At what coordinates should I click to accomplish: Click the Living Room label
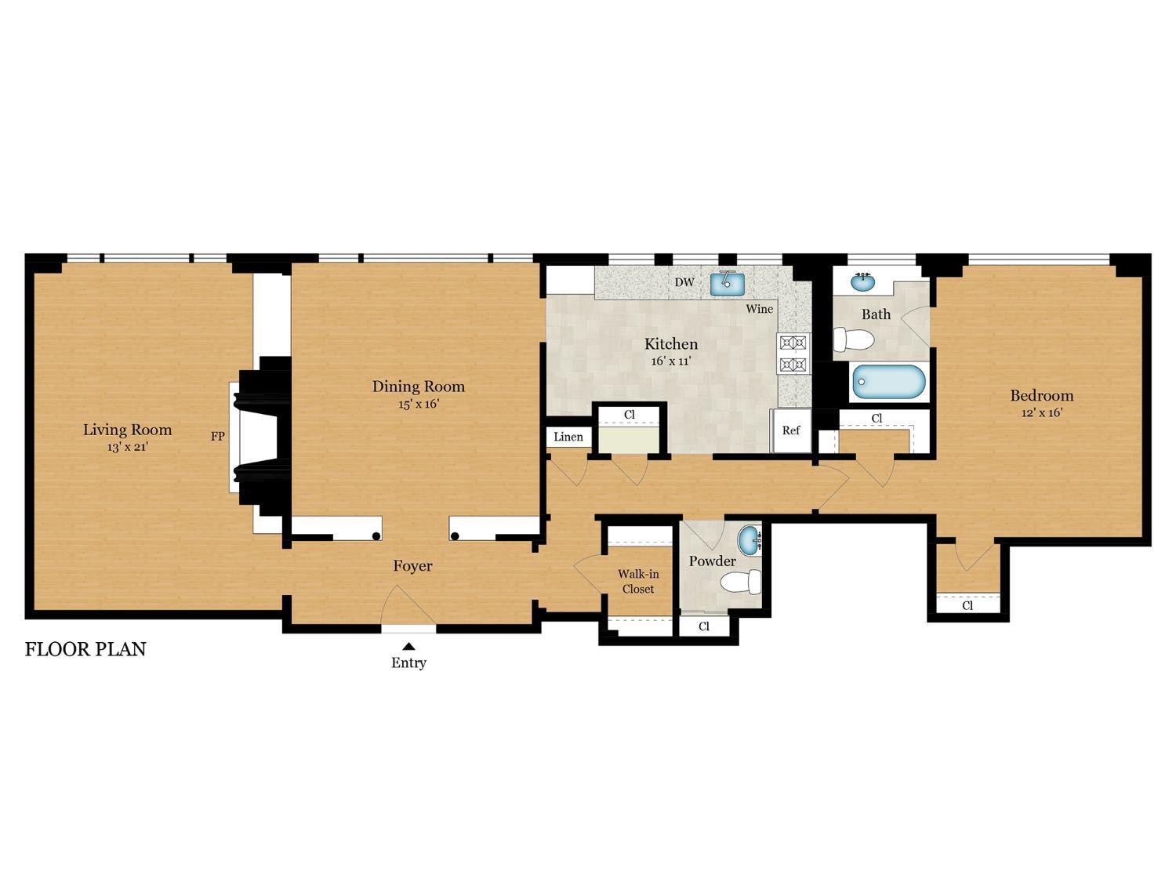pyautogui.click(x=128, y=430)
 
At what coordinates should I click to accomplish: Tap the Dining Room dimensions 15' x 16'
pyautogui.click(x=419, y=404)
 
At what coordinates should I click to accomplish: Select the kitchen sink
pyautogui.click(x=727, y=284)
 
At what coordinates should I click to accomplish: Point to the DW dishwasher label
pyautogui.click(x=684, y=282)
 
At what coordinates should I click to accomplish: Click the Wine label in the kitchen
pyautogui.click(x=759, y=309)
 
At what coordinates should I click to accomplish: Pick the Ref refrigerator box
pyautogui.click(x=791, y=430)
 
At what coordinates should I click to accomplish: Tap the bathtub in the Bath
pyautogui.click(x=889, y=382)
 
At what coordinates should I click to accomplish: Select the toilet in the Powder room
pyautogui.click(x=740, y=582)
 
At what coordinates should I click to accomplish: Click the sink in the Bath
pyautogui.click(x=862, y=281)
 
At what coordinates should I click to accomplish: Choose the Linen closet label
pyautogui.click(x=568, y=437)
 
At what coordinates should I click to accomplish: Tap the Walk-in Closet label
pyautogui.click(x=638, y=581)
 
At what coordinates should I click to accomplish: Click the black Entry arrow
pyautogui.click(x=408, y=646)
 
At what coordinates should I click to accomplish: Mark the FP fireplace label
pyautogui.click(x=217, y=436)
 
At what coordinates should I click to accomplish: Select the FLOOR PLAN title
pyautogui.click(x=85, y=649)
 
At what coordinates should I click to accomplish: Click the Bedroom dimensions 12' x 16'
pyautogui.click(x=1041, y=412)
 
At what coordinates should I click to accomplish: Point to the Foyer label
pyautogui.click(x=412, y=566)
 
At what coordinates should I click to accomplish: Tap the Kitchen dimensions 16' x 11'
pyautogui.click(x=671, y=361)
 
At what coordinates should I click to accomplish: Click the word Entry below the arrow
pyautogui.click(x=408, y=663)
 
